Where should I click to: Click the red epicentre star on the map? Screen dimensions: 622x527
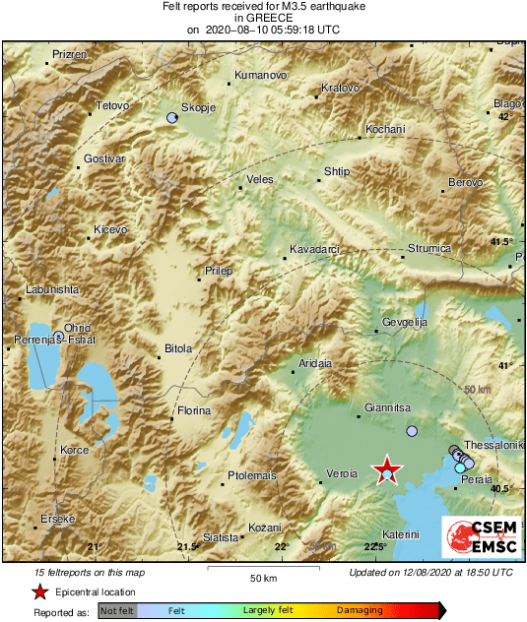point(387,469)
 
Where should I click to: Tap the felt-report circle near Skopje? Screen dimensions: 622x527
point(172,118)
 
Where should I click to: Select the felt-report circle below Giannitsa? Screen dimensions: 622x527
point(412,431)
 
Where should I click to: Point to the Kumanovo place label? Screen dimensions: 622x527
point(260,76)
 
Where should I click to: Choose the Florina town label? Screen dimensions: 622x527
point(193,410)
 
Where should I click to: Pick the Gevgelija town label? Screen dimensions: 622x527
point(405,323)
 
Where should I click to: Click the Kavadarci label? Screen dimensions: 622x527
point(313,250)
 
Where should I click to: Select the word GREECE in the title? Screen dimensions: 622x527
point(263,18)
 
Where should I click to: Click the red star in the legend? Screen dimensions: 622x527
point(40,591)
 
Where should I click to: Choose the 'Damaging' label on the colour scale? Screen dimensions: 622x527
point(361,611)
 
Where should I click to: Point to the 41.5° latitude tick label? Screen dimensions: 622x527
point(503,241)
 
